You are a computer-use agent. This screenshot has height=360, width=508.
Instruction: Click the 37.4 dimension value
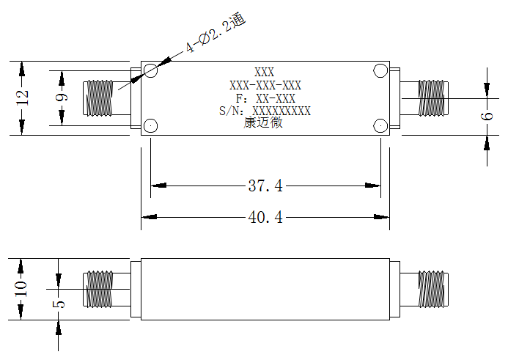[x=265, y=185]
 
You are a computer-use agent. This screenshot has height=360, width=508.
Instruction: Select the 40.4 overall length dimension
[x=265, y=217]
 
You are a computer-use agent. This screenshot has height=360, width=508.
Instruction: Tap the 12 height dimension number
[x=23, y=98]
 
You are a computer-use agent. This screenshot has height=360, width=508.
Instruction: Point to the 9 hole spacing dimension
[x=62, y=97]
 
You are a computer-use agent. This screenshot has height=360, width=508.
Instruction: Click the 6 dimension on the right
[x=487, y=116]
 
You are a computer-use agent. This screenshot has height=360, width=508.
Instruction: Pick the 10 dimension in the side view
[x=21, y=289]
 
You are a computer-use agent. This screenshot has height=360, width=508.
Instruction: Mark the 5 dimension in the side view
[x=59, y=304]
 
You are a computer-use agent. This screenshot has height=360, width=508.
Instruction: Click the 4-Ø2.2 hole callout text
[x=215, y=33]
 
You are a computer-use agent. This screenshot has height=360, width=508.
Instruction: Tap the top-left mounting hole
[x=151, y=70]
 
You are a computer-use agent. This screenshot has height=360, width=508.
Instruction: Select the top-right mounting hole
[x=380, y=70]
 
